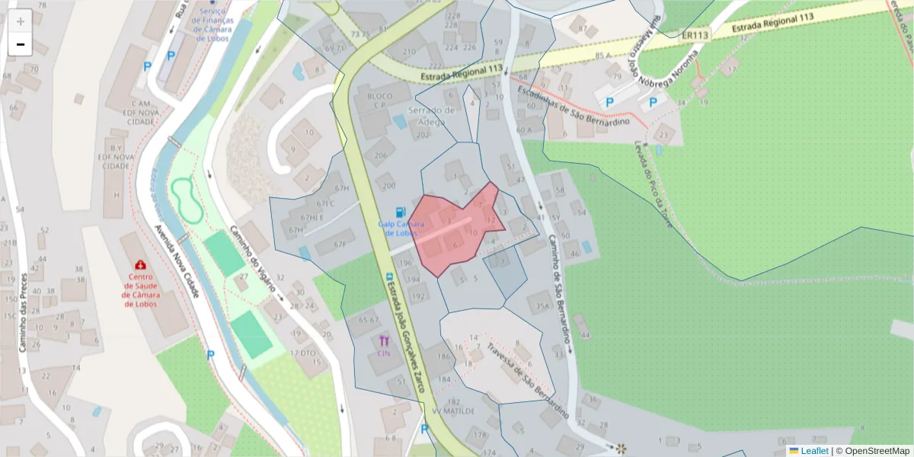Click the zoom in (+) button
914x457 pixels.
(21, 21)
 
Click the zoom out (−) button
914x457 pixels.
(21, 44)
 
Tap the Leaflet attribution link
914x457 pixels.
(814, 451)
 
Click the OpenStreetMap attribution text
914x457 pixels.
(877, 451)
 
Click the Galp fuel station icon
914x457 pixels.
(400, 212)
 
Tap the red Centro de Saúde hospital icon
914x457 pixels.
(141, 265)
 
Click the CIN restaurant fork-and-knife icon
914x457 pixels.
(384, 341)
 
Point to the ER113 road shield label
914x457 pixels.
(695, 35)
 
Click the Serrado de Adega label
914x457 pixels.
(431, 114)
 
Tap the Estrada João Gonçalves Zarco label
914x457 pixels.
(404, 335)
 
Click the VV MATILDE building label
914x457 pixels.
(453, 411)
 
